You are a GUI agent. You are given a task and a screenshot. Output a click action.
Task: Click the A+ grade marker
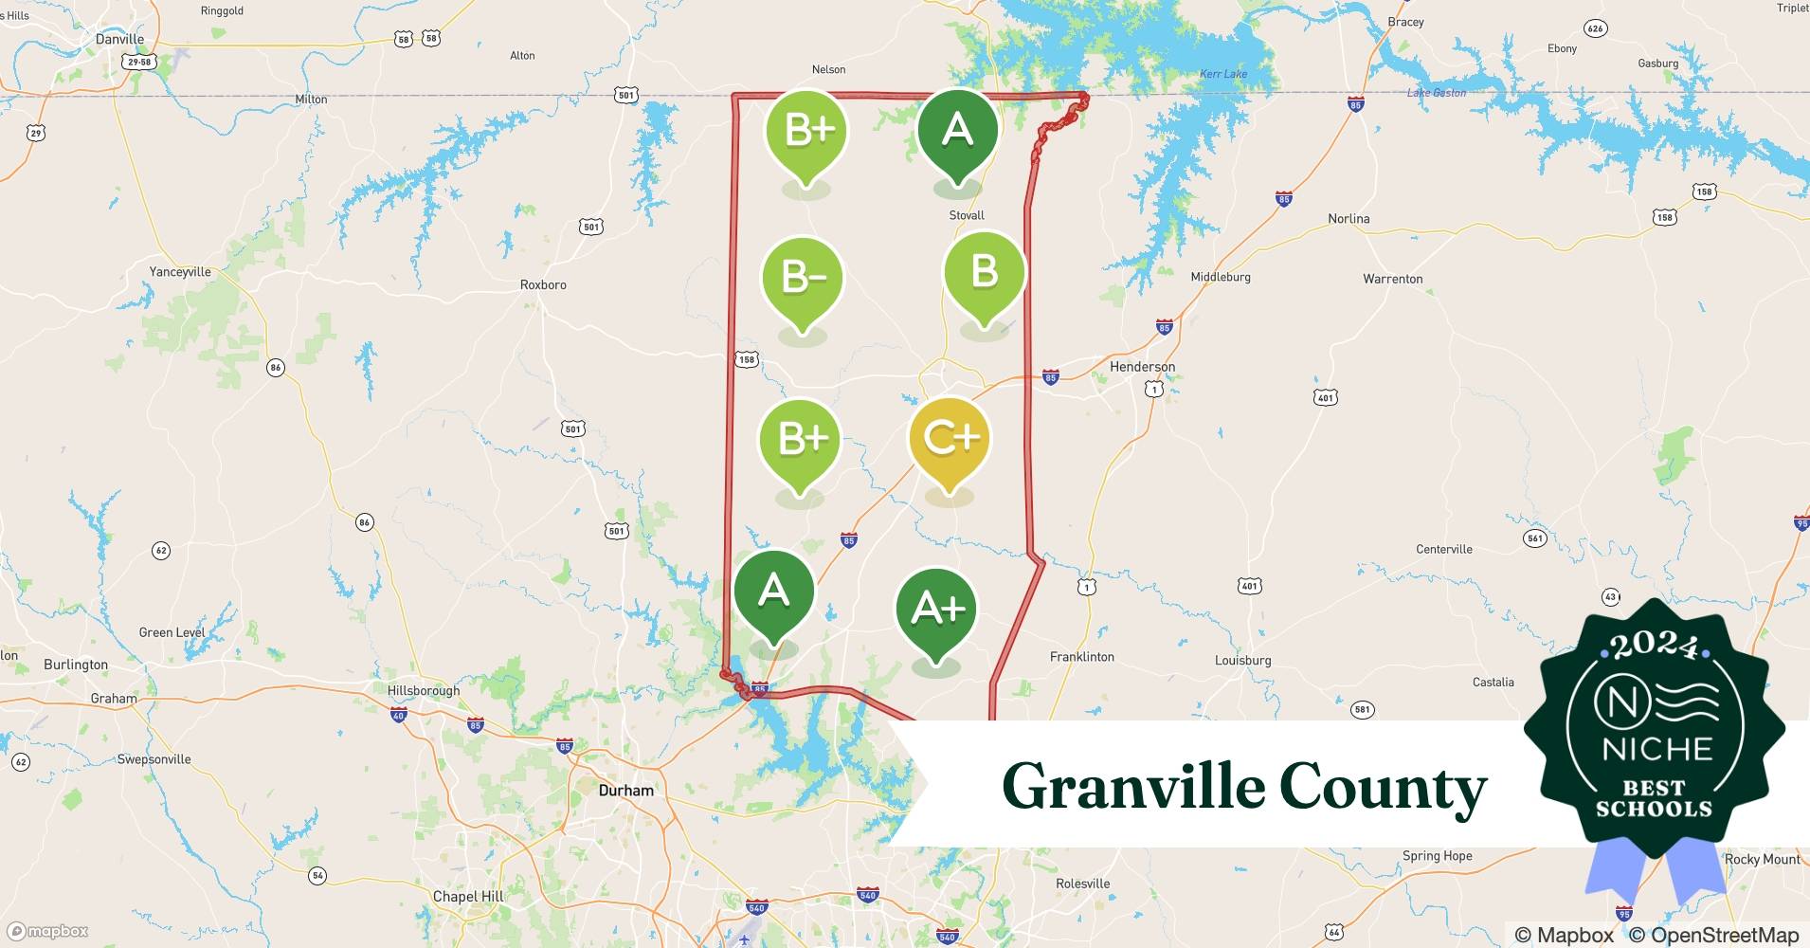(936, 609)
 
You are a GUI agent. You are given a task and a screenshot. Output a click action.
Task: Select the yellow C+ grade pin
(950, 438)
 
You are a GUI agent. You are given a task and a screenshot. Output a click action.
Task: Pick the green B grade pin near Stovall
(984, 272)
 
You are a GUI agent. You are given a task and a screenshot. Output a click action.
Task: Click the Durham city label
(625, 791)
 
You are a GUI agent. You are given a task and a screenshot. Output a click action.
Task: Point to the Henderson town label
(1142, 367)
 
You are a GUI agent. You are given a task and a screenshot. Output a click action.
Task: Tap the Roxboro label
(543, 284)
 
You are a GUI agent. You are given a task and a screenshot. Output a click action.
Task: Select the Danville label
(119, 40)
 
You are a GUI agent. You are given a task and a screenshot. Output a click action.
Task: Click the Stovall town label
(967, 215)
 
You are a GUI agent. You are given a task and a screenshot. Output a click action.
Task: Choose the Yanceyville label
(180, 272)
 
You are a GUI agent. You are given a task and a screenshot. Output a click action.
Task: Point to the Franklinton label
(1081, 657)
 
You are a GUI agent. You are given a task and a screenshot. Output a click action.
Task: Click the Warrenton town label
(1392, 279)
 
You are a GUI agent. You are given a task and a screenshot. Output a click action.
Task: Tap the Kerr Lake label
(1222, 74)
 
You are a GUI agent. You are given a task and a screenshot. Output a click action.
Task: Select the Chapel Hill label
(468, 896)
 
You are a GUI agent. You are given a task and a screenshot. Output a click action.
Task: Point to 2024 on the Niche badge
(1655, 646)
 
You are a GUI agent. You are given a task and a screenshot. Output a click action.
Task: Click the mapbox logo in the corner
(48, 931)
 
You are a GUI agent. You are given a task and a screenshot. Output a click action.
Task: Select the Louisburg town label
(1242, 661)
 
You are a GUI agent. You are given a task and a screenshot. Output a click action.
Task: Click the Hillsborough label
(424, 690)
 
